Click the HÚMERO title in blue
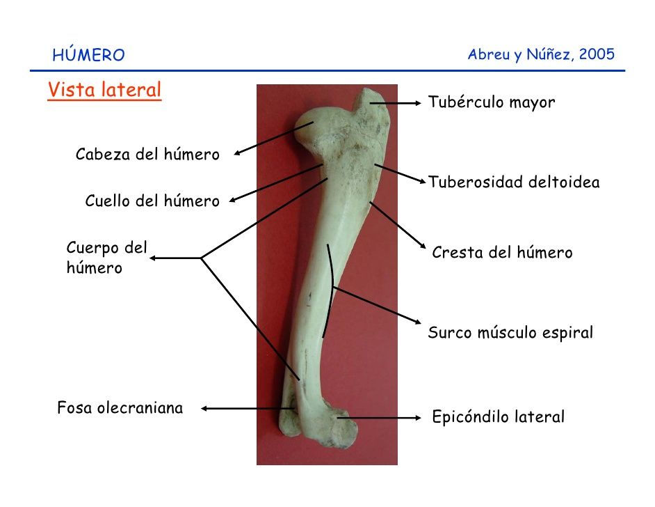tap(88, 54)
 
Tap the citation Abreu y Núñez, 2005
tap(541, 54)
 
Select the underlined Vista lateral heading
tap(104, 90)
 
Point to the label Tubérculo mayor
tap(492, 102)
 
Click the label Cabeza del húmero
tap(147, 155)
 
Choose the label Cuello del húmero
tap(152, 201)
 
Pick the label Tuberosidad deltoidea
tap(514, 182)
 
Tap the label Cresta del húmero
tap(502, 252)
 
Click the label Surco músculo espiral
tap(510, 333)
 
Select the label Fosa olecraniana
tap(120, 407)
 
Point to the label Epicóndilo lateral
tap(499, 416)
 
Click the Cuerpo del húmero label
tap(107, 258)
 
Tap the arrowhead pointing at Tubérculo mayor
tap(418, 103)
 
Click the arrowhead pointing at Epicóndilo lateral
tap(418, 417)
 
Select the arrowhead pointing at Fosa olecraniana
tap(204, 408)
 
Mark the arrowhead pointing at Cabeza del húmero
tap(237, 153)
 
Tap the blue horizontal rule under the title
tap(327, 71)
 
